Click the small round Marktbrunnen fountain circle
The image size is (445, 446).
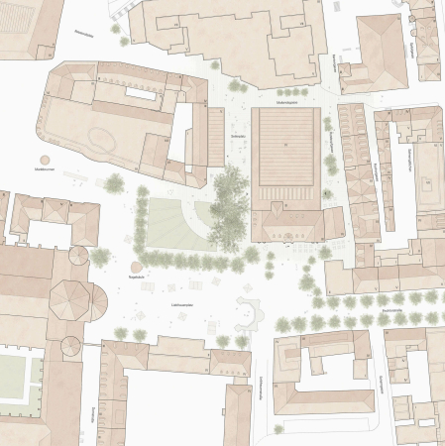click(45, 159)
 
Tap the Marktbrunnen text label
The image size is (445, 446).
click(43, 171)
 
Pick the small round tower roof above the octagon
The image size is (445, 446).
click(77, 255)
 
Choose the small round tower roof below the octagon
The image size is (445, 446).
click(70, 346)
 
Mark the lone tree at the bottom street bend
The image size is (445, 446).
click(278, 428)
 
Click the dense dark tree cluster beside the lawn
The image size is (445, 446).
click(229, 207)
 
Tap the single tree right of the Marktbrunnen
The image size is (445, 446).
click(114, 182)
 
